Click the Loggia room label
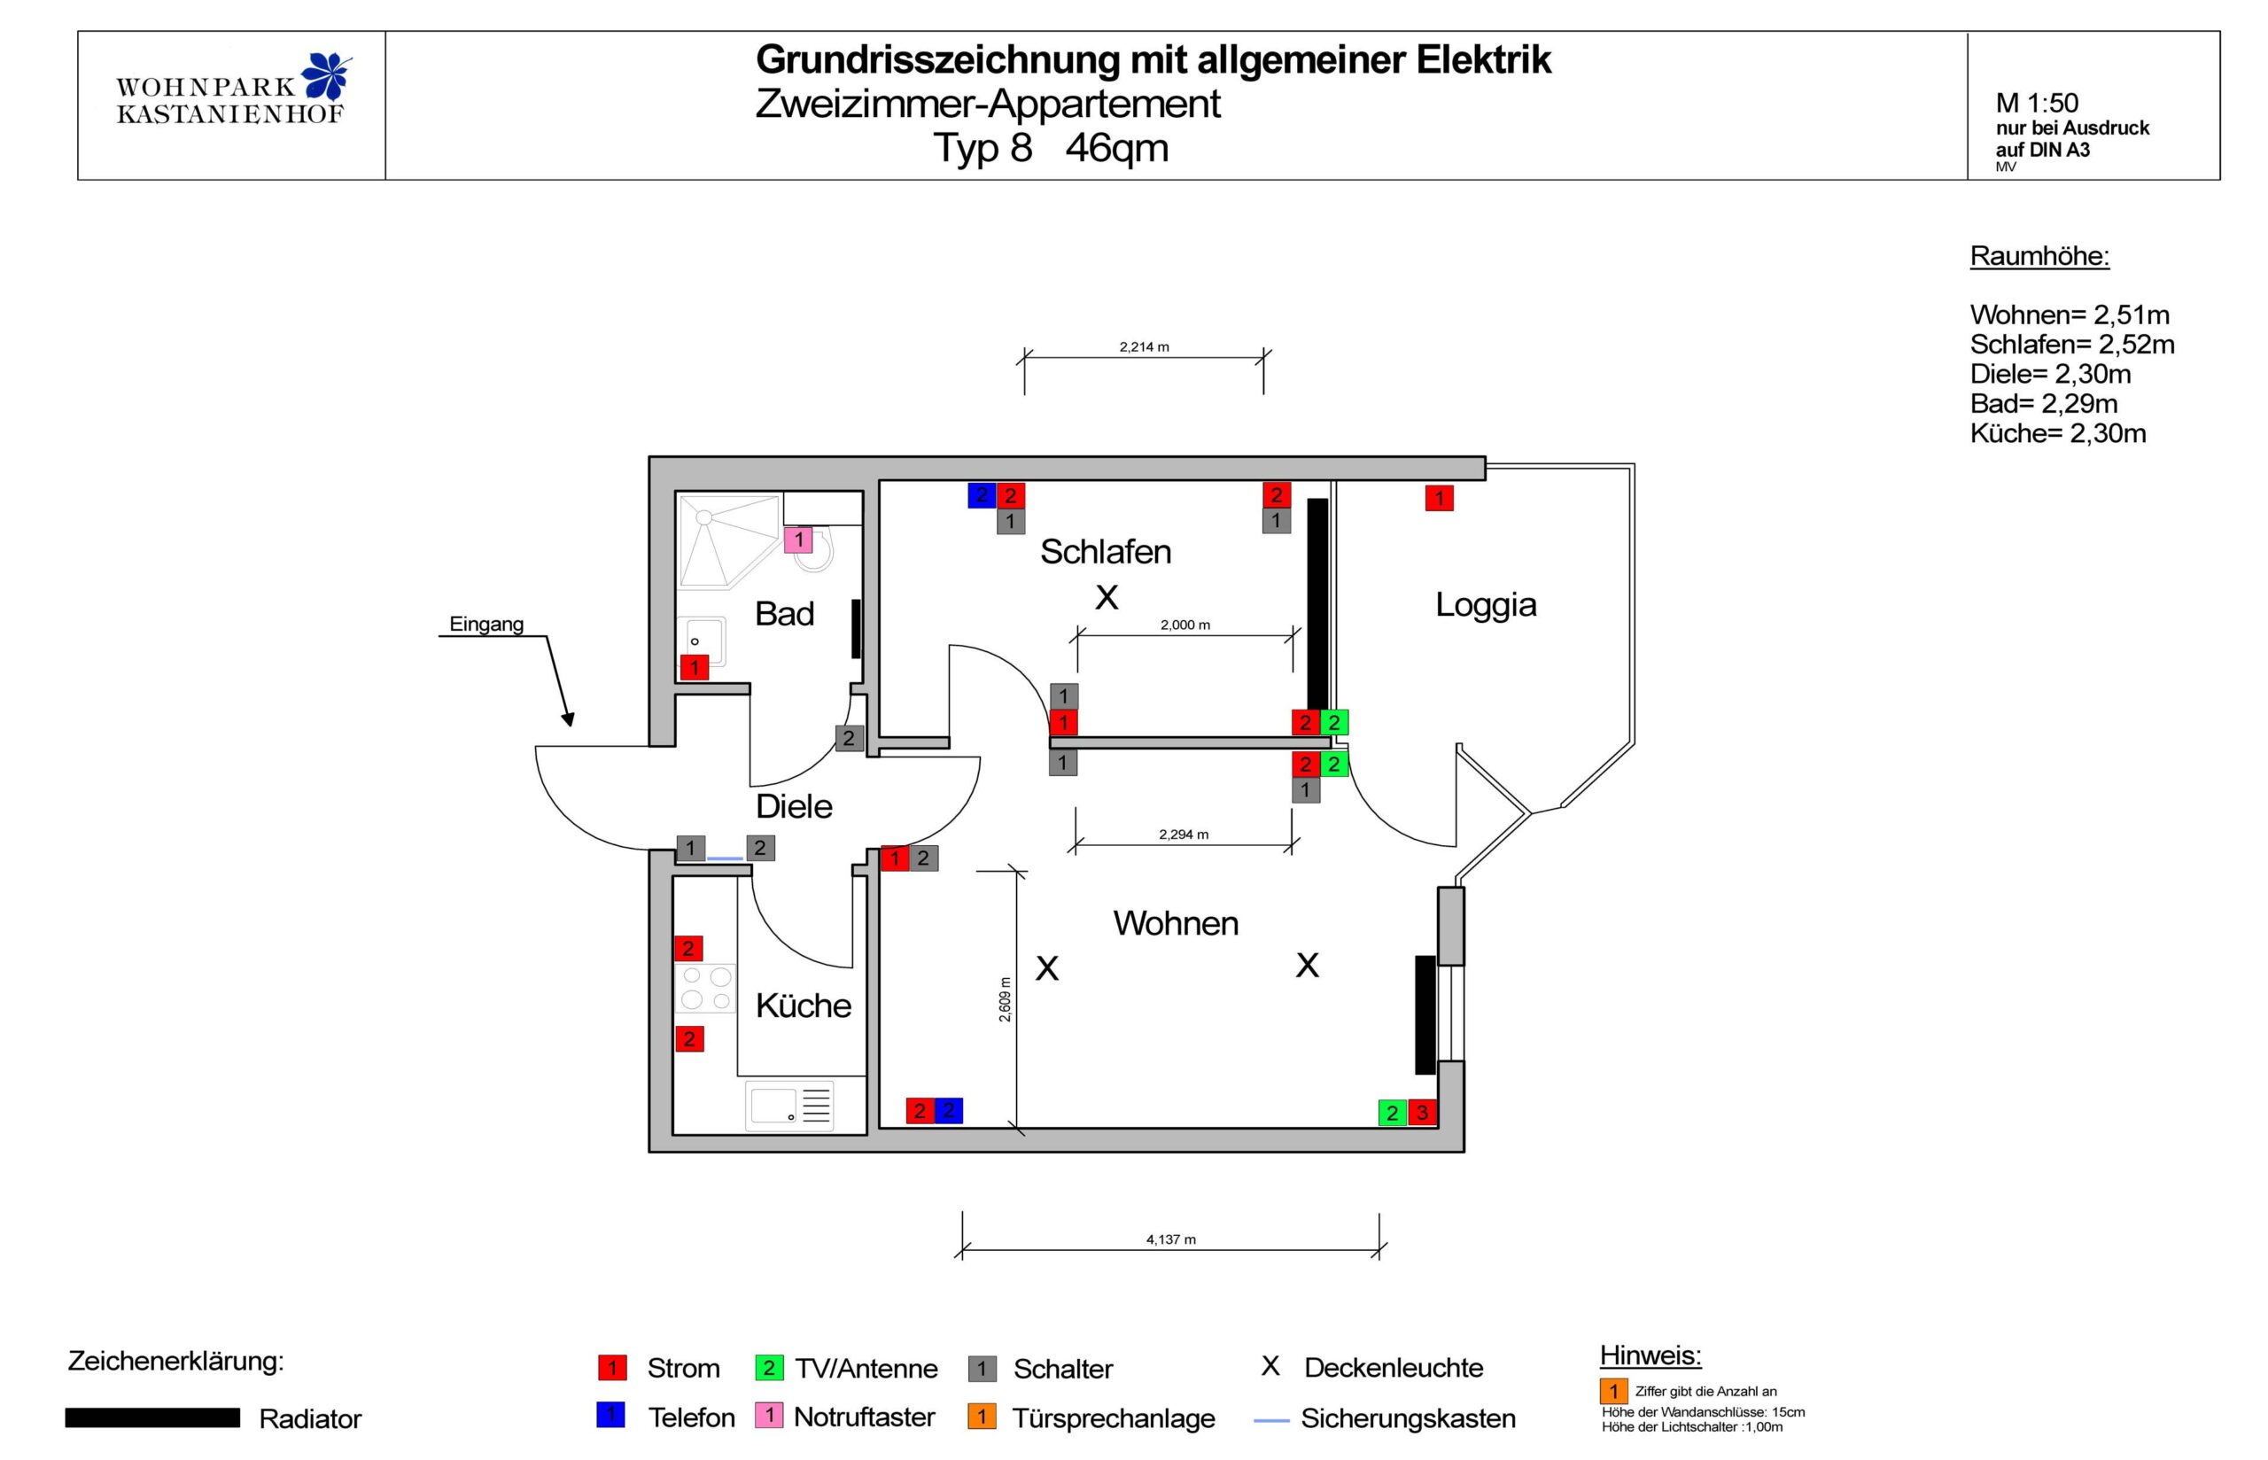[x=1484, y=604]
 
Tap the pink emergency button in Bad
[x=797, y=540]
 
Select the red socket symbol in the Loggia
[x=1438, y=498]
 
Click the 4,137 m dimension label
[x=1169, y=1239]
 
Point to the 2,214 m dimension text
[x=1143, y=347]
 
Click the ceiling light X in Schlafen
[x=1106, y=597]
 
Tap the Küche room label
[x=803, y=1005]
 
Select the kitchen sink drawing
[x=789, y=1105]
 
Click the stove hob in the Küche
[x=706, y=987]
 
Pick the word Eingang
[x=485, y=624]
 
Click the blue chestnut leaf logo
[x=326, y=76]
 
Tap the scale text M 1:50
[x=2036, y=103]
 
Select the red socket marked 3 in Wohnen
[x=1421, y=1112]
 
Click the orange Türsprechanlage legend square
[x=981, y=1417]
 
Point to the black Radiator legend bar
[x=151, y=1417]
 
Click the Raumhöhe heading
[x=2039, y=256]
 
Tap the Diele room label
[x=793, y=806]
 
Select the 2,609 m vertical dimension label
[x=1005, y=999]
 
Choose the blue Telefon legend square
[x=610, y=1416]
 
